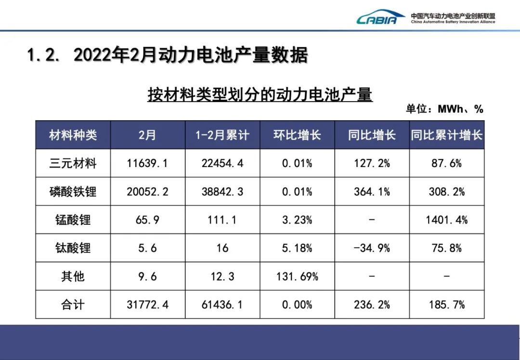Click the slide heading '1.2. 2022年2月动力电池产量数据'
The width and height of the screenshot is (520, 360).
coord(167,56)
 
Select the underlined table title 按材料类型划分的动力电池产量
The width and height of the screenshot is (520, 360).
coord(260,95)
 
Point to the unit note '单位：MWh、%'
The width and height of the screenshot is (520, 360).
coord(444,109)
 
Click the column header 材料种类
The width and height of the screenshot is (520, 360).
coord(73,135)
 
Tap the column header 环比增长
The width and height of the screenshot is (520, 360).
coord(297,135)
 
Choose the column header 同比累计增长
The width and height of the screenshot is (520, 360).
coord(446,135)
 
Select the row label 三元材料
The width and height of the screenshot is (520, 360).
coord(73,164)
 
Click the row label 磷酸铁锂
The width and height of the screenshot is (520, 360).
coord(73,192)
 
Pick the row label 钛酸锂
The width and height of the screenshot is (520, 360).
coord(73,248)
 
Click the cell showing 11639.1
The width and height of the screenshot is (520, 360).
coord(147,164)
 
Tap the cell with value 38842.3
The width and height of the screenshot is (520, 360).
coord(222,192)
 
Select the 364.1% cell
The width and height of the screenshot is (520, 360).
coord(372,192)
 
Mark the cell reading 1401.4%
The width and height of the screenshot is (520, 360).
coord(446,220)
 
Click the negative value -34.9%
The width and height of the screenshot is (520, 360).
coord(372,248)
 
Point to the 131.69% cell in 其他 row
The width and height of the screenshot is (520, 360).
coord(297,277)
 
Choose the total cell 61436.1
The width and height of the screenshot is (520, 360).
coord(222,305)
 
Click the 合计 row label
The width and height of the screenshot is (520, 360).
coord(73,305)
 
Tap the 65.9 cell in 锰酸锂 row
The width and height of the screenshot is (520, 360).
coord(147,220)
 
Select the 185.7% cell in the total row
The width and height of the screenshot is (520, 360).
coord(446,305)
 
